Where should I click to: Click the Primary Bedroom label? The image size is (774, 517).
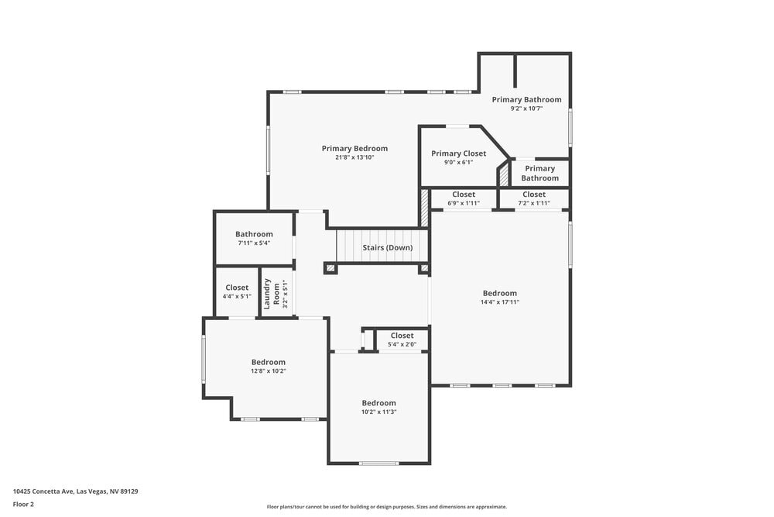(354, 149)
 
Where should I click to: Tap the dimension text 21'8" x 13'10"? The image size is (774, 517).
(354, 158)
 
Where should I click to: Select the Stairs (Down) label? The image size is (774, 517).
(387, 248)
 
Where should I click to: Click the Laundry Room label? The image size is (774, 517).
(271, 295)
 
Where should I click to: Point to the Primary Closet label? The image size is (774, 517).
(458, 153)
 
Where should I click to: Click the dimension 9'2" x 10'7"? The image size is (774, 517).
(526, 109)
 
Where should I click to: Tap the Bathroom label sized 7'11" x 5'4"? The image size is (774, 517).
(254, 234)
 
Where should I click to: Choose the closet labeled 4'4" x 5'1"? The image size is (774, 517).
(237, 288)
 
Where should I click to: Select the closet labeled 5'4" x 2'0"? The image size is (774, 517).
(402, 336)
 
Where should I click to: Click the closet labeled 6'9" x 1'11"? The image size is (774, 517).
(464, 195)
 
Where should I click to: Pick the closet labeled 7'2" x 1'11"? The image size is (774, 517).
(534, 195)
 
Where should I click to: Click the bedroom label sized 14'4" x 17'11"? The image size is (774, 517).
(499, 293)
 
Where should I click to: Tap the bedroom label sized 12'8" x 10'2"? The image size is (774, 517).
(268, 362)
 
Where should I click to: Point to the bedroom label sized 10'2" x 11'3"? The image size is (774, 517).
(378, 403)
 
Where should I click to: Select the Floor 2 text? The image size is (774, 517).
(23, 504)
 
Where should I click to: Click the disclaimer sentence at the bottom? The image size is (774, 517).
(387, 507)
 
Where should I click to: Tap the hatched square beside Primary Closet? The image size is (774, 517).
(503, 174)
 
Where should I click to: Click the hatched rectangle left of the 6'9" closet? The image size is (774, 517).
(424, 208)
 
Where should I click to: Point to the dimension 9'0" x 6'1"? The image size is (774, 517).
(458, 163)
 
